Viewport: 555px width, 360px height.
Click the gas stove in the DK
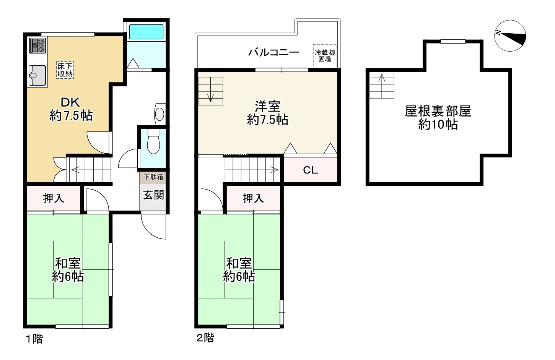37,45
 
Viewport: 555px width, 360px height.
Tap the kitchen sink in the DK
37,75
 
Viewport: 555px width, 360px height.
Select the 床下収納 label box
65,70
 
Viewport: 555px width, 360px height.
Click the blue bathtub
146,31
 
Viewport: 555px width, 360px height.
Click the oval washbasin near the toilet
160,114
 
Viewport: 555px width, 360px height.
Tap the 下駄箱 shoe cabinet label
154,177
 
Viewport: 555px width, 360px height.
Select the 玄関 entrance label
153,195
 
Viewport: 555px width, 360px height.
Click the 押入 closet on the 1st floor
54,198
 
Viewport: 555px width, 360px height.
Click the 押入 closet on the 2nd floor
253,198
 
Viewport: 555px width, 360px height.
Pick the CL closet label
311,170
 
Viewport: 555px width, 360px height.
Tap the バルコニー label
273,52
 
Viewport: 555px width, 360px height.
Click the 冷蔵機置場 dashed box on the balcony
325,55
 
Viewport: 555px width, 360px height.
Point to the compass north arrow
510,36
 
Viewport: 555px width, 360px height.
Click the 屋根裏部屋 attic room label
438,111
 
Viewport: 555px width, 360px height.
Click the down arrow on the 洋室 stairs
211,90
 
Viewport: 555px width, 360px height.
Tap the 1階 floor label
34,339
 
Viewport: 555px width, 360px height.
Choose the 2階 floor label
205,338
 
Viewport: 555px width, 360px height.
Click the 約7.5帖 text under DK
71,116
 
